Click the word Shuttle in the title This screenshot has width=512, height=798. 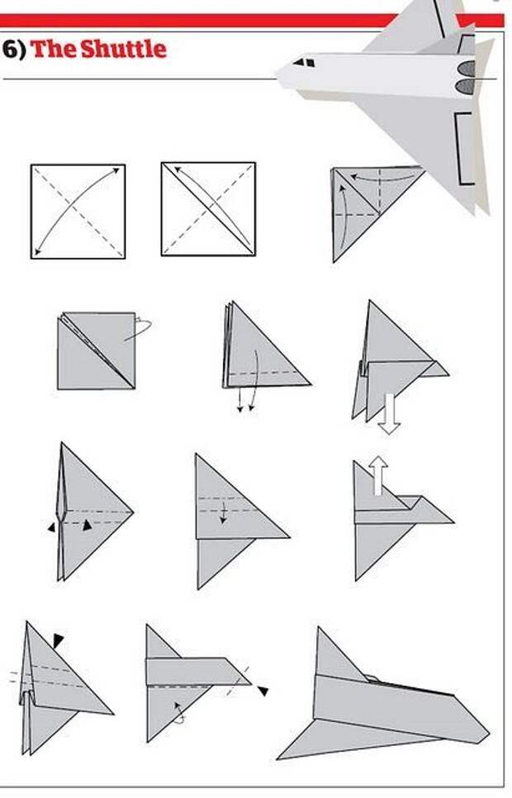coord(124,49)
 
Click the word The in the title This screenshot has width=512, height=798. coord(54,49)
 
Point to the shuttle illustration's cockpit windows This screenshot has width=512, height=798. coord(304,62)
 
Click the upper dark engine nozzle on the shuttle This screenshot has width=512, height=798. coord(467,68)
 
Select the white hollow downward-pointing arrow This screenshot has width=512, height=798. coord(390,413)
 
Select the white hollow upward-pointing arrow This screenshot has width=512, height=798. coord(378,475)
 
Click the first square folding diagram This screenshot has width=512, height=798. coord(78,211)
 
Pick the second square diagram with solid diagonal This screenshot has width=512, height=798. coord(208,208)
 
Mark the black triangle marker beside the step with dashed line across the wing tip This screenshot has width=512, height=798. coord(263,690)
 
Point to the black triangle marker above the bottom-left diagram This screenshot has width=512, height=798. coord(59,640)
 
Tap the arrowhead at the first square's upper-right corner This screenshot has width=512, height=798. coord(116,171)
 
